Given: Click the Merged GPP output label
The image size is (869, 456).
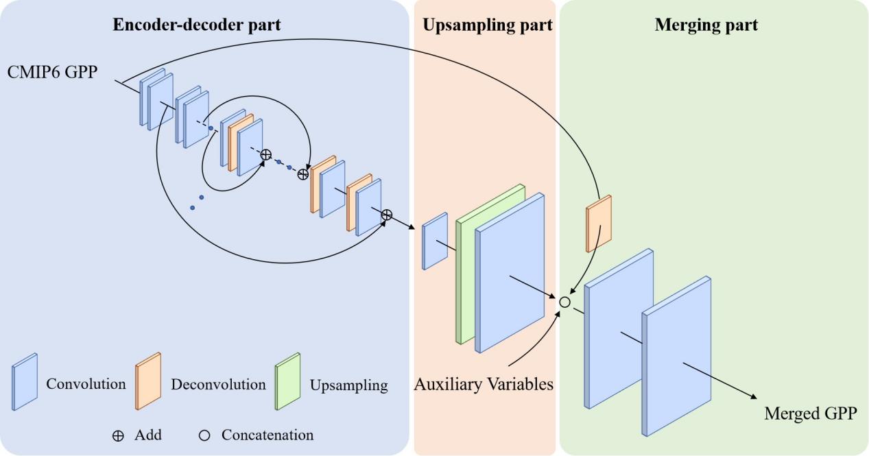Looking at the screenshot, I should pos(810,414).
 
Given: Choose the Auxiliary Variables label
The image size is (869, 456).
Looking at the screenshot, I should pos(484,384).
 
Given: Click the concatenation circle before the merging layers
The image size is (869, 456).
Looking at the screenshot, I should pos(564,302).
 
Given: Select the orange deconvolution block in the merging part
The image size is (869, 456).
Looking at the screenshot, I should pos(598,224).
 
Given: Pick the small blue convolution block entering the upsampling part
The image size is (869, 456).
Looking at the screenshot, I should pos(435,240).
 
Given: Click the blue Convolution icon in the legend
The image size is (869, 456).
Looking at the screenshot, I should pos(25,382).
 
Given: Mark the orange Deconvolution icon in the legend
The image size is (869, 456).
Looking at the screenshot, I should pos(148,382).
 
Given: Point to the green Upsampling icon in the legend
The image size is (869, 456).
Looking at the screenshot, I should pos(288,382).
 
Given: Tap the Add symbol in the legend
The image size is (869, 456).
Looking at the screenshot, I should pos(118,435).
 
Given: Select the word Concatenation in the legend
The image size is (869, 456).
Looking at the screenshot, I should pos(267,435).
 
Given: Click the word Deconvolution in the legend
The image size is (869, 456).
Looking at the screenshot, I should pos(218,385).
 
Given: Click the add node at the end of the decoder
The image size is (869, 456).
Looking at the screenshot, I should pos(386,215).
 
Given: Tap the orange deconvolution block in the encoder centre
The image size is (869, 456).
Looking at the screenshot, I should pos(241,143).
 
